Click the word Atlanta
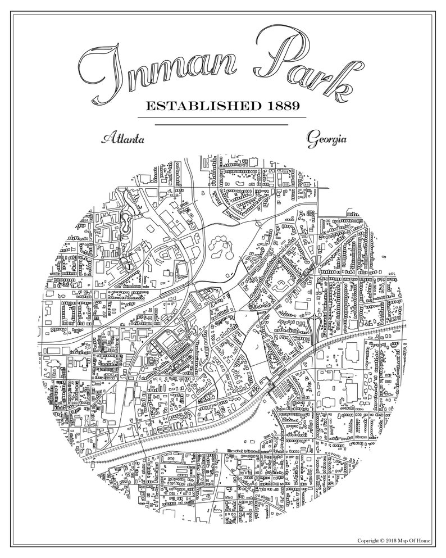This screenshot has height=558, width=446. [x=121, y=139]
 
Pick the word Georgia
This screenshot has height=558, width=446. [x=326, y=139]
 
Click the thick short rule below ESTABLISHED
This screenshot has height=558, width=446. [x=221, y=124]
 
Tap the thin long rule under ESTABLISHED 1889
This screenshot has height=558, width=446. [x=221, y=117]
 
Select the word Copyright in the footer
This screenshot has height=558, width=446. [x=368, y=541]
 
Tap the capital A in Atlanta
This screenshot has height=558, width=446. [x=106, y=138]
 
